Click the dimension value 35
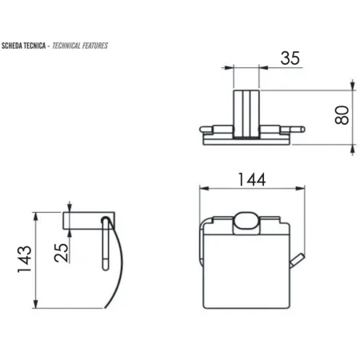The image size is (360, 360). click(x=290, y=58)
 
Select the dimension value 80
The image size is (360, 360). click(x=342, y=115)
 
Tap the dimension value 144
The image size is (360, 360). click(x=252, y=179)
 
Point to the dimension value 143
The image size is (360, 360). click(x=25, y=259)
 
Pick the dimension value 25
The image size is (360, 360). click(x=61, y=252)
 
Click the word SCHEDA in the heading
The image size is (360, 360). click(x=12, y=46)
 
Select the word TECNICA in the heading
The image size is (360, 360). click(x=34, y=46)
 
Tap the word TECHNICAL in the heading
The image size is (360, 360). click(x=66, y=46)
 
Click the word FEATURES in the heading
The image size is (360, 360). click(x=95, y=46)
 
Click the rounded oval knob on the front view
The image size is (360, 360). click(x=246, y=223)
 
